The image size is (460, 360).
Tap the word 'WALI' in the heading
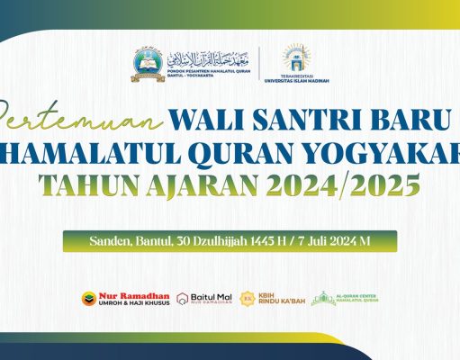click(212, 118)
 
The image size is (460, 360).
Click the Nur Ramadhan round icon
click(87, 298)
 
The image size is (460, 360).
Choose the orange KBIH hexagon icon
click(248, 298)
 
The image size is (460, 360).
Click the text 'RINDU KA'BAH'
click(282, 301)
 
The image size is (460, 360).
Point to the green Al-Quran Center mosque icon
click(323, 298)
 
